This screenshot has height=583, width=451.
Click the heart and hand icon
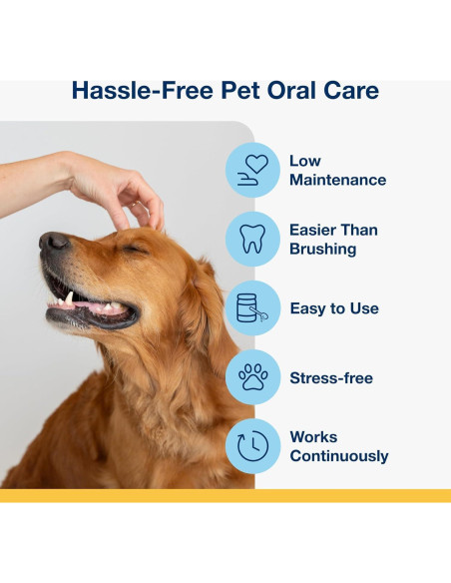252,170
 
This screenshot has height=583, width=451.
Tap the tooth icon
252,239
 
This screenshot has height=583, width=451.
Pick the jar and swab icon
252,307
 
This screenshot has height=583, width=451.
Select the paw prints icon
252,377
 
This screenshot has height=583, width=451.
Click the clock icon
252,445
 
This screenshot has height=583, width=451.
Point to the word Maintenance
337,180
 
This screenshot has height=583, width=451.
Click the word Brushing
322,249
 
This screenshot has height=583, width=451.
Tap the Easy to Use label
334,308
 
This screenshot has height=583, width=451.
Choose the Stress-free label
331,378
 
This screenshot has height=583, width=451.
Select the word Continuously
338,456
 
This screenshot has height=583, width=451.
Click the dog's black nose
53,242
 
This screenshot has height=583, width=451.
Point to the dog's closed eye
133,249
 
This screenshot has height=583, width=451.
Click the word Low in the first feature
304,161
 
